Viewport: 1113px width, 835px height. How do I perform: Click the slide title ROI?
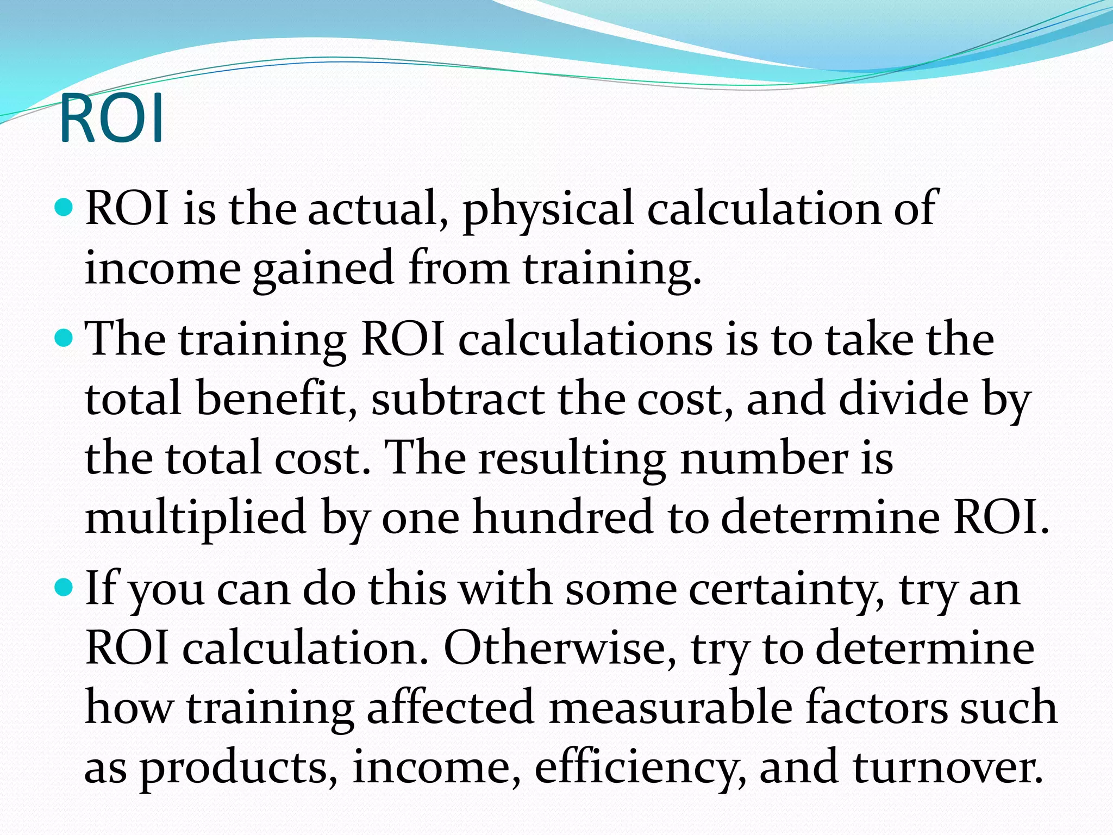(x=111, y=119)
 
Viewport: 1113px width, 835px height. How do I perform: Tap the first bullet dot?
(x=65, y=207)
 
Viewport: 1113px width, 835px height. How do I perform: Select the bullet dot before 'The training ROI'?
(x=65, y=338)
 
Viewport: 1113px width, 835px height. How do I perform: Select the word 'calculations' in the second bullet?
(x=585, y=340)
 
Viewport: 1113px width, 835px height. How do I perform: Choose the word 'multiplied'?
(x=196, y=518)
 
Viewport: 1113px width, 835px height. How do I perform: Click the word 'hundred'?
(x=562, y=517)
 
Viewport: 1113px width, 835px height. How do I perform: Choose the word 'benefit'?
(x=277, y=399)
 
